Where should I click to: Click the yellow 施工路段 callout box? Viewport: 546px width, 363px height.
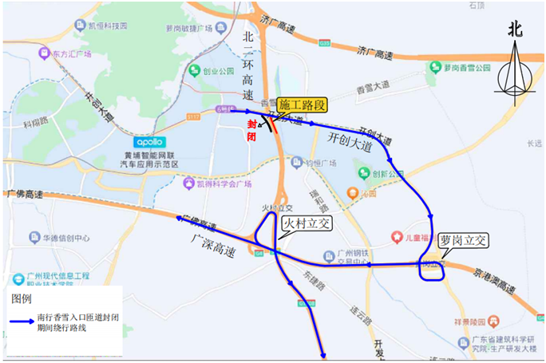(x=303, y=104)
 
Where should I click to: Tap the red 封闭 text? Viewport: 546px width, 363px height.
(x=252, y=129)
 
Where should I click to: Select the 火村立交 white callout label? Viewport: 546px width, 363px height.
(x=307, y=224)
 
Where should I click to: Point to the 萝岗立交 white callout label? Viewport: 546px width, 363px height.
(x=462, y=239)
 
